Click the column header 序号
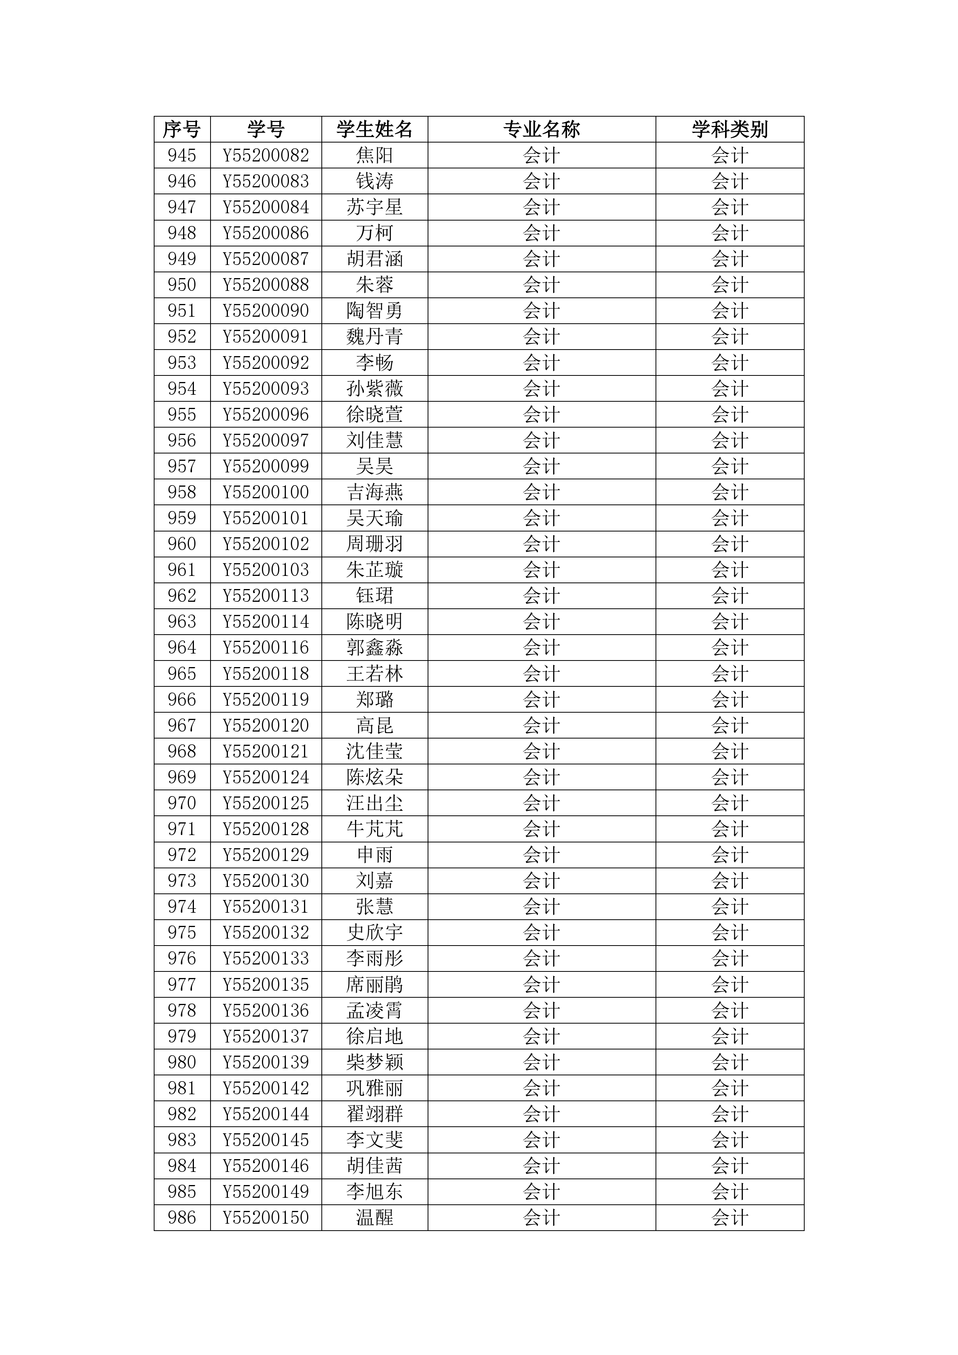[x=182, y=129]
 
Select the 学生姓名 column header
[x=374, y=129]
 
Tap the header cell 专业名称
[x=541, y=129]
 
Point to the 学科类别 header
[x=730, y=129]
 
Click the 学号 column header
[x=266, y=129]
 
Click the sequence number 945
[x=182, y=155]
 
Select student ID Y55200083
[x=266, y=181]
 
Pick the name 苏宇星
[x=374, y=207]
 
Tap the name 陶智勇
[x=374, y=311]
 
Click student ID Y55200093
[x=266, y=388]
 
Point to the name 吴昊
[x=374, y=466]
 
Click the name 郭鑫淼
[x=374, y=647]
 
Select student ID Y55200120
[x=266, y=725]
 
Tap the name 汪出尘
[x=374, y=803]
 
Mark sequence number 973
[x=182, y=881]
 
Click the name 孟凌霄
[x=374, y=1010]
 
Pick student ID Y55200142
[x=266, y=1088]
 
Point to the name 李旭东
[x=374, y=1192]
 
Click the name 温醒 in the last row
[x=374, y=1217]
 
